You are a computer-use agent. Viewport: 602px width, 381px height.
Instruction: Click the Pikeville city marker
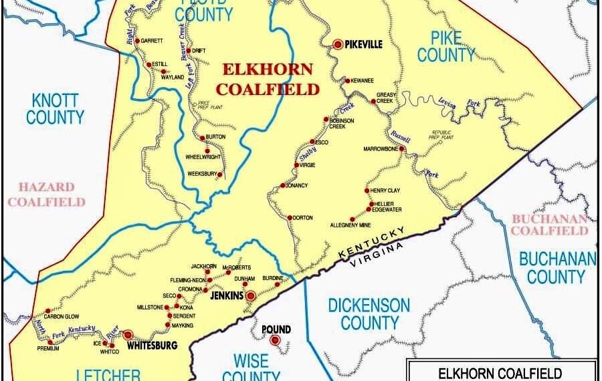coord(338,44)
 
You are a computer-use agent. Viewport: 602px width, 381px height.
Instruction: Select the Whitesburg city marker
coord(128,334)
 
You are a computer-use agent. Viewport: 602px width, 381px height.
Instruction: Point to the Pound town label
coord(276,330)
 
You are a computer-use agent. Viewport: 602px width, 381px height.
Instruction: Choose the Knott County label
coord(55,109)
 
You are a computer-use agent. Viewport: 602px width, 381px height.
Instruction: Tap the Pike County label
coord(446,46)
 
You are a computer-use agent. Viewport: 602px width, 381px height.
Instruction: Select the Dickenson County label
coord(369,314)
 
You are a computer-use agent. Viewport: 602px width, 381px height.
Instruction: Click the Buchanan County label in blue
coord(557,267)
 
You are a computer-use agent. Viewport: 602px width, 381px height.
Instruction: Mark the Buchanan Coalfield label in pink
coord(550,225)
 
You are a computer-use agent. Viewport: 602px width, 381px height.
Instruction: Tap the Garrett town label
coord(153,41)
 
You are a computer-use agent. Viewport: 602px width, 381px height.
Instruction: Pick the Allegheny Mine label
coord(350,225)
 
